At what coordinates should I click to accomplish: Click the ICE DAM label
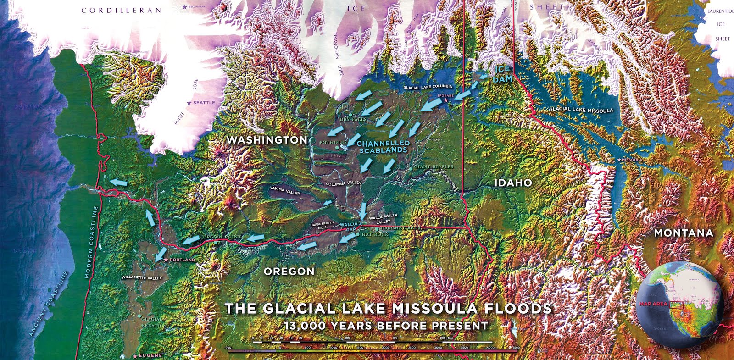tap(502, 74)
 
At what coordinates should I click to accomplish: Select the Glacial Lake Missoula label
tap(581, 110)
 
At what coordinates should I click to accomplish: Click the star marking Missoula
tap(620, 160)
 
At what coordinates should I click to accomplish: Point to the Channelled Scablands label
tap(383, 147)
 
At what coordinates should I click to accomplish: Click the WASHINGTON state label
tap(267, 140)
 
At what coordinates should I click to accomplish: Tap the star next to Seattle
tap(189, 103)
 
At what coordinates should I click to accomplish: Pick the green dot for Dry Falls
tap(350, 114)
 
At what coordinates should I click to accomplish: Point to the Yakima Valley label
tap(284, 190)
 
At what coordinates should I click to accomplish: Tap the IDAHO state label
tap(513, 183)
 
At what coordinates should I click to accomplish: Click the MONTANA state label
tap(683, 233)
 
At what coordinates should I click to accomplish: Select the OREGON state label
tap(289, 271)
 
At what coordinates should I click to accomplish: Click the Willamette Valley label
tap(142, 278)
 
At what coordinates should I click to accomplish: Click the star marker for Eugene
tap(135, 356)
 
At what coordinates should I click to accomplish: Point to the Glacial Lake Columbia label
tap(428, 87)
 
